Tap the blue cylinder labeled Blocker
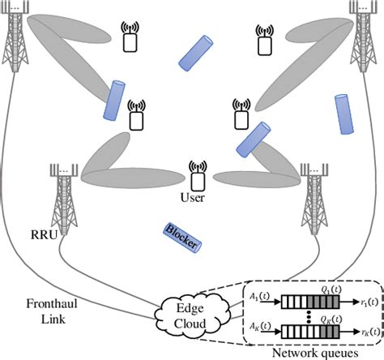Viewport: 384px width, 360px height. [181, 236]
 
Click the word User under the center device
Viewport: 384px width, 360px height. [192, 197]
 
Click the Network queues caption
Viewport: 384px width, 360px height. [314, 352]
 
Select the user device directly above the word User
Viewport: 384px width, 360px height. [194, 173]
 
